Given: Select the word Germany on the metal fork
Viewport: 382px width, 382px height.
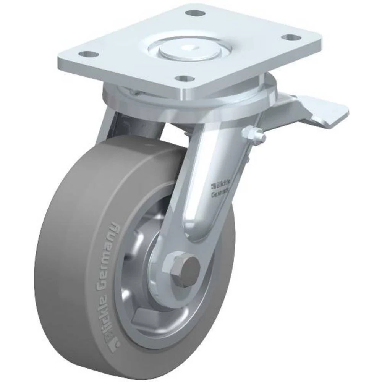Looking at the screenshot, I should pos(221,194).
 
